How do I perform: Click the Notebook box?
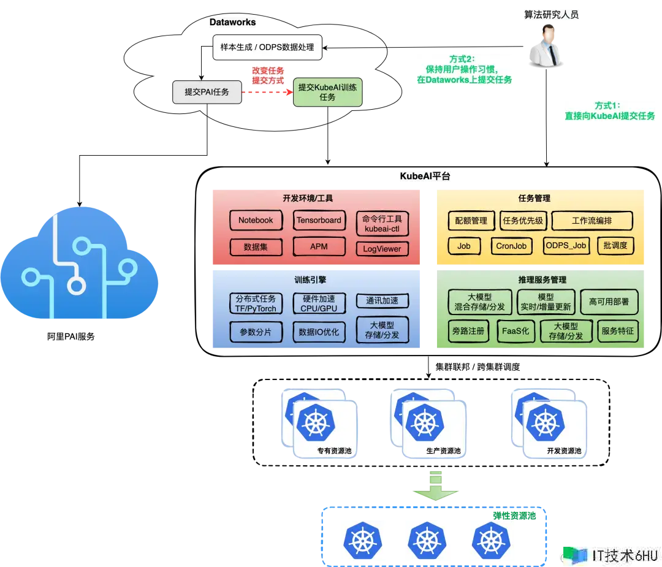[x=256, y=220]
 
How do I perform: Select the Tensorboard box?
[x=319, y=220]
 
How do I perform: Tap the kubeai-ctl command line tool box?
[x=382, y=223]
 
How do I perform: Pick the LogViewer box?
[x=382, y=248]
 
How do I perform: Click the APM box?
[x=319, y=246]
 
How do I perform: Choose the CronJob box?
[x=511, y=246]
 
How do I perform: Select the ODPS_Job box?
[x=566, y=246]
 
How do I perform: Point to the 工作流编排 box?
[x=592, y=221]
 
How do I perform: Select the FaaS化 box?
[x=517, y=331]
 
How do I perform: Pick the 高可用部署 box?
[x=609, y=302]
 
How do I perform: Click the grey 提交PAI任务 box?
[x=207, y=92]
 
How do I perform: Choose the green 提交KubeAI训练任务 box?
[x=327, y=93]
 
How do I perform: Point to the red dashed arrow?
[x=267, y=92]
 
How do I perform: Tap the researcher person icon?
[x=546, y=48]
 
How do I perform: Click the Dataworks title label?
[x=232, y=22]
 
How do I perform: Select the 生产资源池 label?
[x=443, y=451]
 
